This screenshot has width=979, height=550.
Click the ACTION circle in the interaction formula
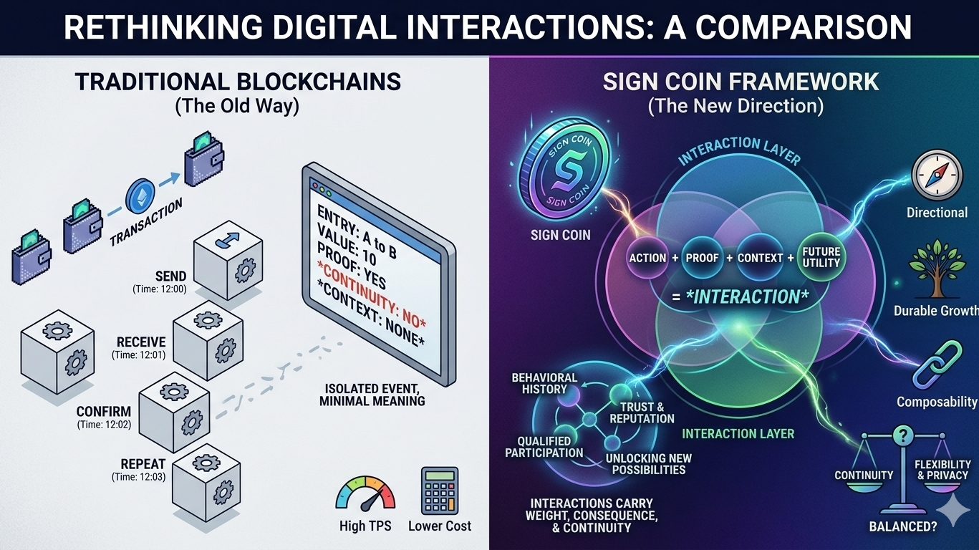pos(647,257)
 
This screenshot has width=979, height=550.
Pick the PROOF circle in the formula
pos(702,257)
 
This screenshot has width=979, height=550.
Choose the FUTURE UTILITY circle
pos(821,258)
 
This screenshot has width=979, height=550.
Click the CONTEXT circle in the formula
pos(760,257)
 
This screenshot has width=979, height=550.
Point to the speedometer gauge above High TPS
pos(365,493)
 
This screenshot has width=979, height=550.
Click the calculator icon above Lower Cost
pos(439,490)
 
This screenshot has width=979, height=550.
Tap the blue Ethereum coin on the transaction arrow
pos(140,196)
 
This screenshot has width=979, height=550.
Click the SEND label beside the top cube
pos(170,276)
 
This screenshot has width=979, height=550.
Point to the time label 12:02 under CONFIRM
pos(104,425)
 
